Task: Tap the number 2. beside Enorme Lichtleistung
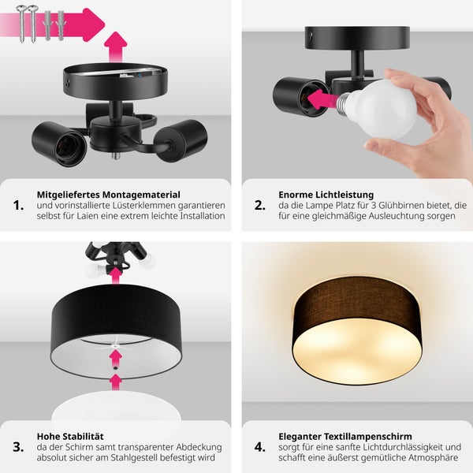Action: click(x=260, y=206)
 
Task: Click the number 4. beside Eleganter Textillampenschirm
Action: click(x=260, y=447)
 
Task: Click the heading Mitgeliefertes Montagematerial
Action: click(x=109, y=194)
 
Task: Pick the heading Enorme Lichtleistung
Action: click(x=326, y=194)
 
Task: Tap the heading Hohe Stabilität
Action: click(x=70, y=435)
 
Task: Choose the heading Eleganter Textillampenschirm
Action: click(x=345, y=435)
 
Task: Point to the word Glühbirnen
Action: click(x=398, y=205)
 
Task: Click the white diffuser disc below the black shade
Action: click(x=116, y=410)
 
